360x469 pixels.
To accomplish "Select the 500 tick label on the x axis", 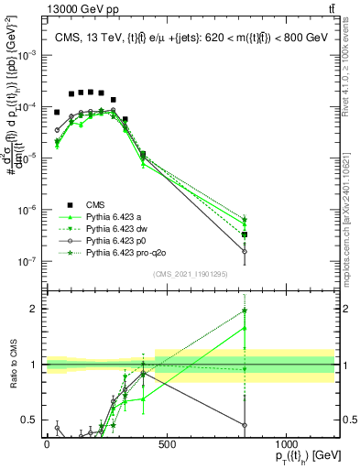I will point(167,445).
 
